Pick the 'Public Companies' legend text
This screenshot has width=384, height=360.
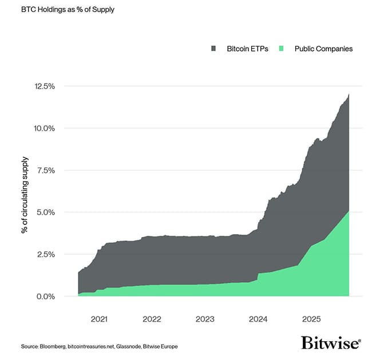coord(323,49)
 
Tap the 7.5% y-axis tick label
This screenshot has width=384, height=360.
coord(45,170)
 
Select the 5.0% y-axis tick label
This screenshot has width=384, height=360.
coord(45,212)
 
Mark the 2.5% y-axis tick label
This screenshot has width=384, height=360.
coord(45,254)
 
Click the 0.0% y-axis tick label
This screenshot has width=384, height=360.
coord(45,296)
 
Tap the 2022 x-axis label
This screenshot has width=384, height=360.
coord(151,319)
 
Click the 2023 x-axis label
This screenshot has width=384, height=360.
coord(204,319)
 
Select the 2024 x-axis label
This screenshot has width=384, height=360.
coord(258,319)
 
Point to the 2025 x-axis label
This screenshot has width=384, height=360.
coord(312,319)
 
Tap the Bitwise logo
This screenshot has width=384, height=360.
coord(331,343)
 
